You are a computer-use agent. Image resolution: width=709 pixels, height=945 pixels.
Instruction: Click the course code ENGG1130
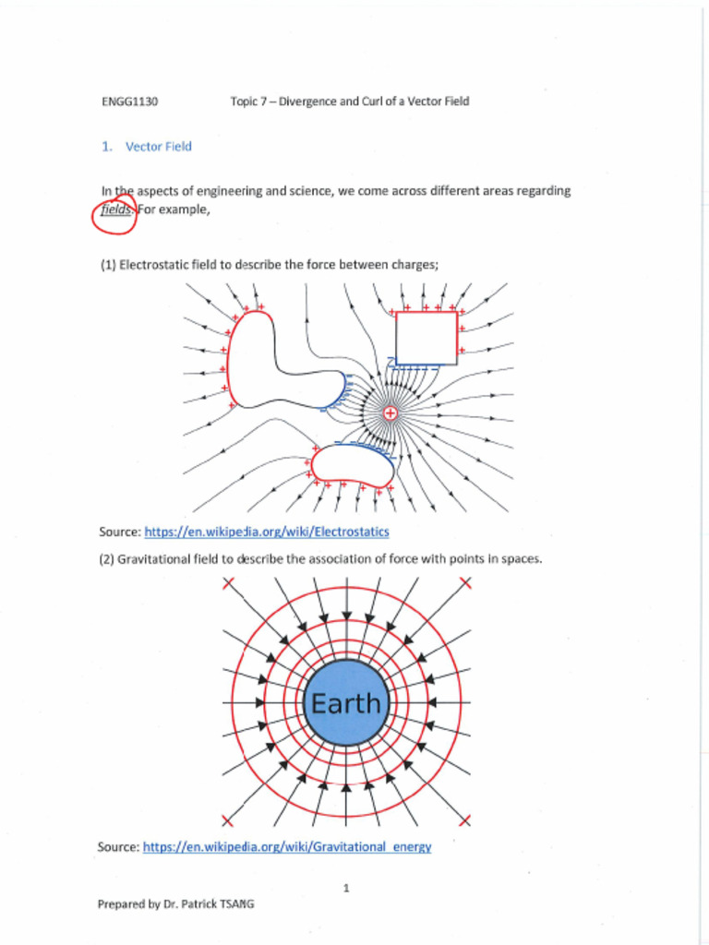pyautogui.click(x=129, y=102)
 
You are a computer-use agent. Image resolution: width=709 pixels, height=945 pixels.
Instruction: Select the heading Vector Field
pyautogui.click(x=159, y=147)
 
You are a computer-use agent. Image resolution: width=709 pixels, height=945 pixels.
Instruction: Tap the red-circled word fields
pyautogui.click(x=116, y=209)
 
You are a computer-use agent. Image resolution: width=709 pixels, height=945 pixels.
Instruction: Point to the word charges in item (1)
pyautogui.click(x=415, y=265)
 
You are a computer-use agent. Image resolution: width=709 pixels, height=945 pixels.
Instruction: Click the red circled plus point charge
pyautogui.click(x=391, y=413)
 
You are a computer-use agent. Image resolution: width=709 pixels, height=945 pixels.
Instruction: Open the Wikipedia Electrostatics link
pyautogui.click(x=267, y=532)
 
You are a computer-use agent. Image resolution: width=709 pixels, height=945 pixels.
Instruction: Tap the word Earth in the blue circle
pyautogui.click(x=345, y=704)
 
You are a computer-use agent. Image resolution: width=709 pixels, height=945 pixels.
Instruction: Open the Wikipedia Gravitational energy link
pyautogui.click(x=287, y=847)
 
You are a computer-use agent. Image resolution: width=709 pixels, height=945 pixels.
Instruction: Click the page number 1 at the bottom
pyautogui.click(x=345, y=888)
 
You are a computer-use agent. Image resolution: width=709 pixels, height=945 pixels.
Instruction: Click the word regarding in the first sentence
pyautogui.click(x=543, y=191)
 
